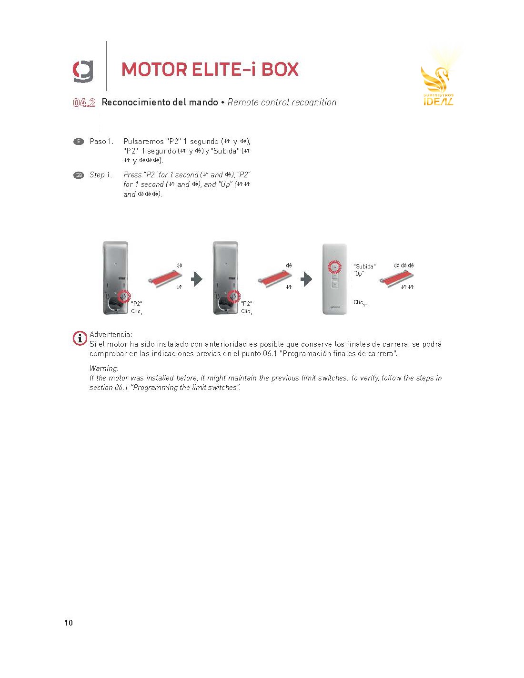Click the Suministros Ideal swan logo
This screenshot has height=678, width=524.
[438, 81]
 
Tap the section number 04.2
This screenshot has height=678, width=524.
[84, 103]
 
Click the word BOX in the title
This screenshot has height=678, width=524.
[280, 69]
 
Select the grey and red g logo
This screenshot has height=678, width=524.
[83, 72]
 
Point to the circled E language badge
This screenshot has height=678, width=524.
[78, 141]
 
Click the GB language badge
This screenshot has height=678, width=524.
[78, 175]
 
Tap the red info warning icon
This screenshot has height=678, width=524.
[80, 338]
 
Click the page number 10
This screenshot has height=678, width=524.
[69, 623]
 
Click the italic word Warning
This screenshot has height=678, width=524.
[104, 369]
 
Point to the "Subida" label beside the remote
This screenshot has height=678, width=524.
[364, 266]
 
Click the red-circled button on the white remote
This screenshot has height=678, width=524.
[334, 267]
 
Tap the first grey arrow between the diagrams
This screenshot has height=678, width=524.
[197, 279]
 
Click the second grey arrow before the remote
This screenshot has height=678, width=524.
[306, 279]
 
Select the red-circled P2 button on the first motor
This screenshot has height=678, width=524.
[124, 297]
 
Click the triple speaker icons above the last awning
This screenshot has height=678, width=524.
[403, 266]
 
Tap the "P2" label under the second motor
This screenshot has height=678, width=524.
[247, 303]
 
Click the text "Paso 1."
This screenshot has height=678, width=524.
[101, 141]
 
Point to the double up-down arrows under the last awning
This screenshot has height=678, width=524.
[407, 287]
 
